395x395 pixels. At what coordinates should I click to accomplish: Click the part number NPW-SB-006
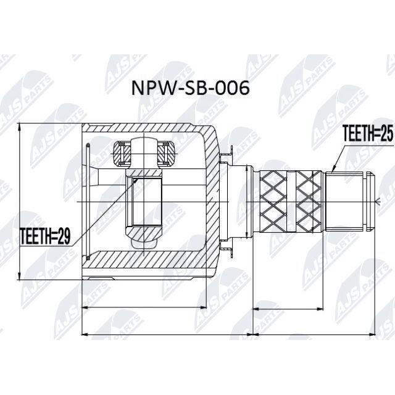click(191, 88)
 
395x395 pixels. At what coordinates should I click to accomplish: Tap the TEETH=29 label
click(45, 236)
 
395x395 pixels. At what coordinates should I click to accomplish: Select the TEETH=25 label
click(368, 133)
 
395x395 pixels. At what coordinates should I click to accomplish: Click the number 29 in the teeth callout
click(64, 236)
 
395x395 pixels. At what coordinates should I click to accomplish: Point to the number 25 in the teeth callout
click(387, 133)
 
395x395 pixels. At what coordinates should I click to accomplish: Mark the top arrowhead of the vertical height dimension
click(20, 127)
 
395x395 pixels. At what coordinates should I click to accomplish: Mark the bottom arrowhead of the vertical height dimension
click(20, 276)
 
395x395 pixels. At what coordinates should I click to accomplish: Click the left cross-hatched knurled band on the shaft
click(273, 202)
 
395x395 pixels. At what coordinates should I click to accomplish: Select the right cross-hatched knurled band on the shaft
click(309, 202)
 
